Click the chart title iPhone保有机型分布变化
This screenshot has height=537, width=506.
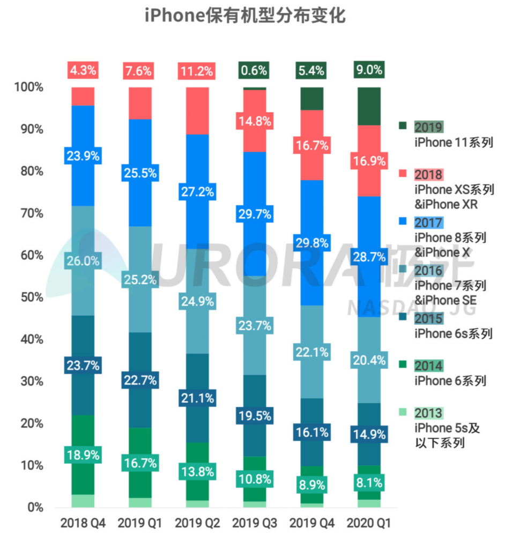[x=245, y=16]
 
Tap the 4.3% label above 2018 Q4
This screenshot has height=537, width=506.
[x=83, y=70]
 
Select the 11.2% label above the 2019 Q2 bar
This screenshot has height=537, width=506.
[x=197, y=71]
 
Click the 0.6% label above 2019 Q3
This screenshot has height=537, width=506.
[x=254, y=70]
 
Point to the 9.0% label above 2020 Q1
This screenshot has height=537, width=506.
[x=369, y=70]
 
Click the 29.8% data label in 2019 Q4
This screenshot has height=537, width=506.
[x=312, y=243]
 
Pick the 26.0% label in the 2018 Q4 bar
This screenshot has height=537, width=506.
[x=83, y=261]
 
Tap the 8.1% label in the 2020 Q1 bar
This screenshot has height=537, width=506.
[x=369, y=483]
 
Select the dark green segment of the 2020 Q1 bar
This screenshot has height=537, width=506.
[x=369, y=106]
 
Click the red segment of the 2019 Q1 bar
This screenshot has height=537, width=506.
[x=140, y=103]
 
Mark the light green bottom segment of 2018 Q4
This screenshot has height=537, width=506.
[x=83, y=500]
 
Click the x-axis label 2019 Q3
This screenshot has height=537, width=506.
[x=255, y=523]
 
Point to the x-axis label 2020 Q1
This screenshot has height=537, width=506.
[x=369, y=523]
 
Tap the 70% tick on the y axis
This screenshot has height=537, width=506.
[x=32, y=213]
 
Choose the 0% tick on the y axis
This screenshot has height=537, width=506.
[x=35, y=507]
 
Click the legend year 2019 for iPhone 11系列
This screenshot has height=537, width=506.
[x=429, y=127]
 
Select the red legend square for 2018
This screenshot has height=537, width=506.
[x=403, y=173]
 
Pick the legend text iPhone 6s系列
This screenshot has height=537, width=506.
[x=453, y=333]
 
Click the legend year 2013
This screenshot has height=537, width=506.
[x=429, y=413]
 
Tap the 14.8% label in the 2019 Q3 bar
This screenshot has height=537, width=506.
[x=255, y=121]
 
